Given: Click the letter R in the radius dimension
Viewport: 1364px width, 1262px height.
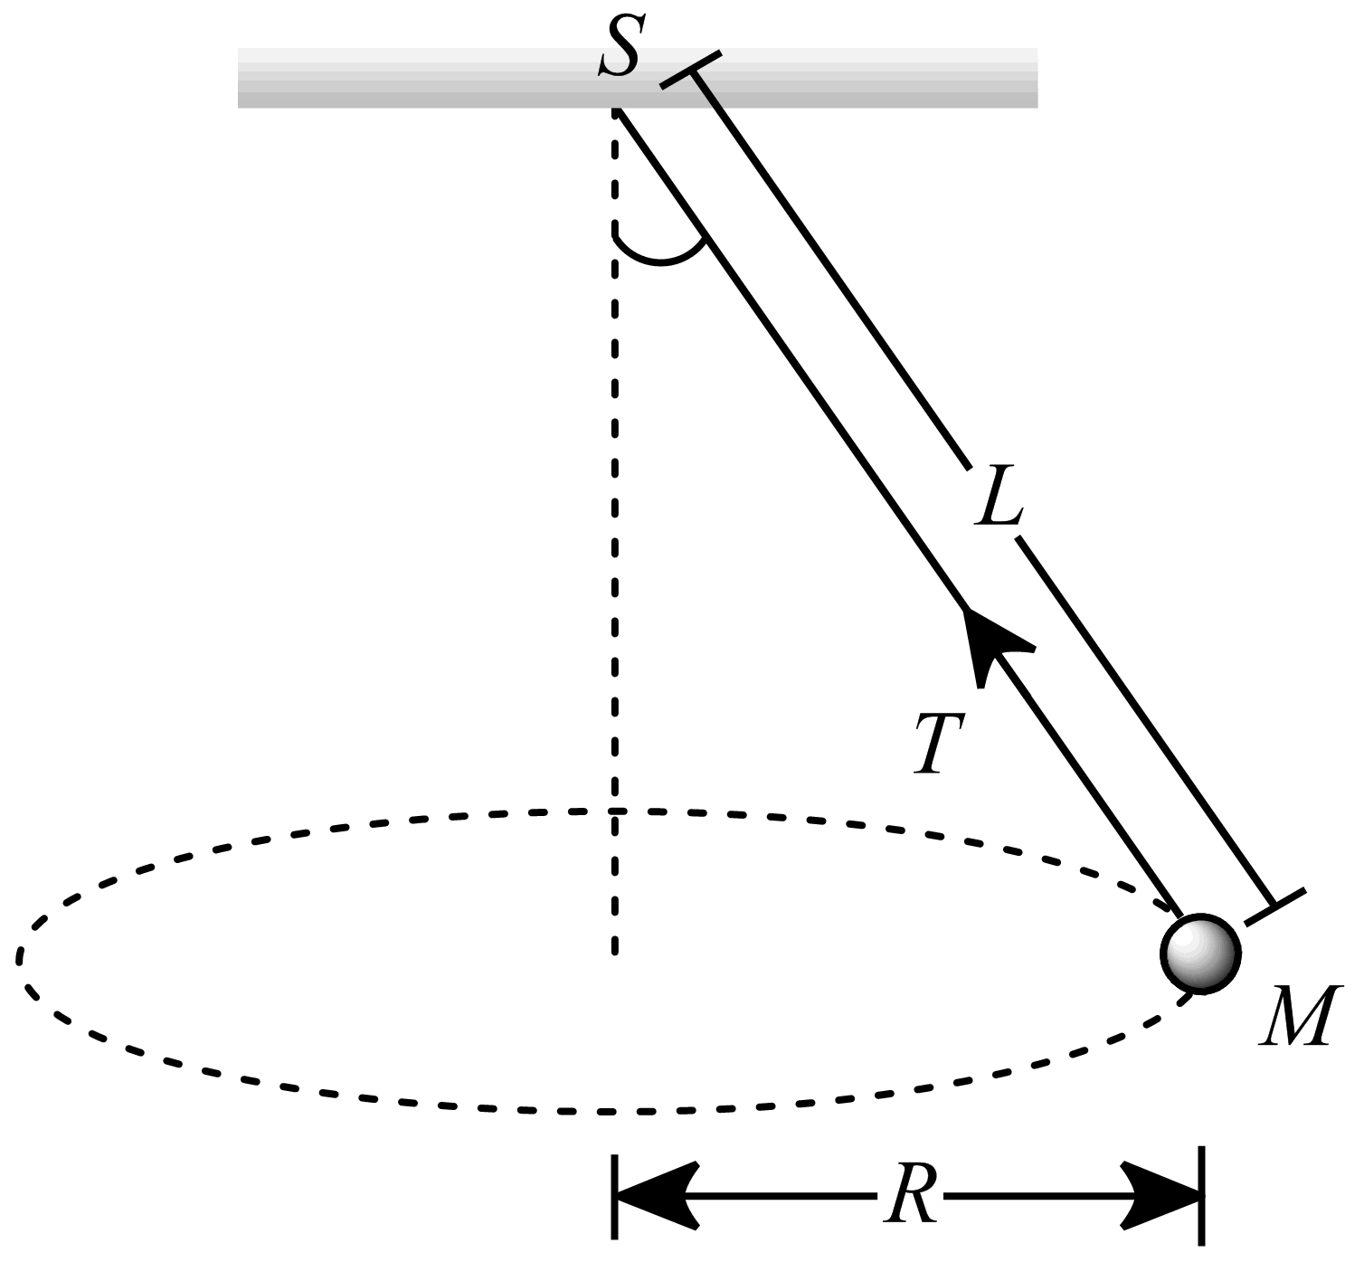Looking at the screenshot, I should [x=910, y=1196].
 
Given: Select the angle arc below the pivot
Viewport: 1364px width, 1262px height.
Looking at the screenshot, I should [x=661, y=256].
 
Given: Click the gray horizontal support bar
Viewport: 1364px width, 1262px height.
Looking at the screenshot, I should [x=407, y=79].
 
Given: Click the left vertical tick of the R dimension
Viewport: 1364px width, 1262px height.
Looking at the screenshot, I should [x=615, y=1196].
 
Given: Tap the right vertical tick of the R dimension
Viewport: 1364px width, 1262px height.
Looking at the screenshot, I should [x=1201, y=1196].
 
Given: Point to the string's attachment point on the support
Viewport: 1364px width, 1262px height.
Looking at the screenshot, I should [x=616, y=110].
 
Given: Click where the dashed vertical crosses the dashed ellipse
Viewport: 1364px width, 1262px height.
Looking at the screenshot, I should [x=615, y=810].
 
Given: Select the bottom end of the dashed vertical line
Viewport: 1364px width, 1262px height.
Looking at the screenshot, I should [x=615, y=952].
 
